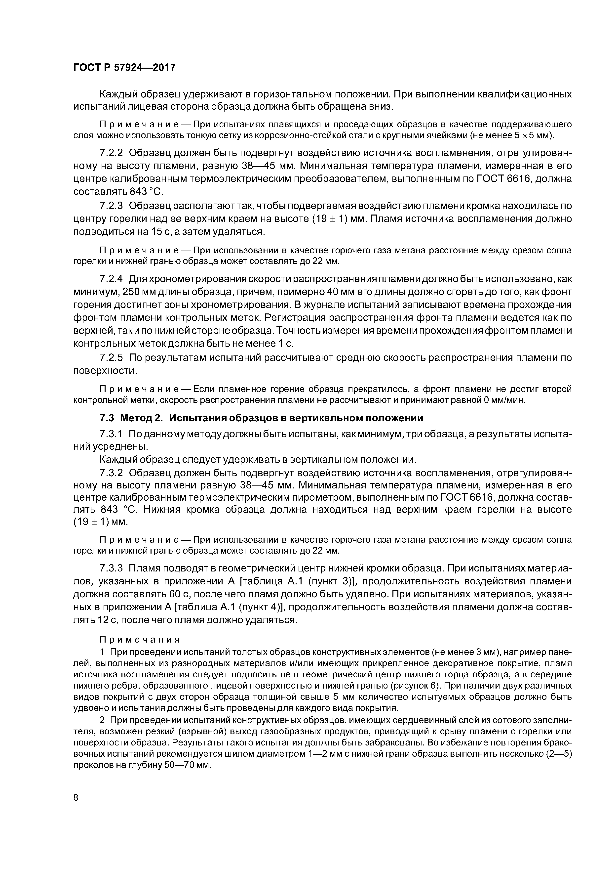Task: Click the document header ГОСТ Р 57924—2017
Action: coord(124,68)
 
